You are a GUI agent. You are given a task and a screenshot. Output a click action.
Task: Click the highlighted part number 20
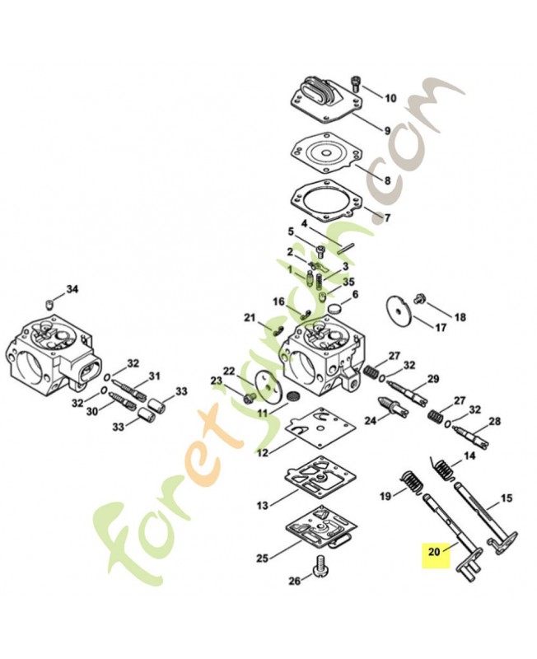435,551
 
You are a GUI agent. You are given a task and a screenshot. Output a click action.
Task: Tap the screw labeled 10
356,84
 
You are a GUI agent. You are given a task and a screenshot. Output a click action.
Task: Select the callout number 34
72,289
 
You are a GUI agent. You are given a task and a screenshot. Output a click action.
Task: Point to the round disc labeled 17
399,311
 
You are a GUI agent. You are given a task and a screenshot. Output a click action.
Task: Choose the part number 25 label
263,559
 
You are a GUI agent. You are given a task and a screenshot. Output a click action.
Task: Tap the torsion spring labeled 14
443,470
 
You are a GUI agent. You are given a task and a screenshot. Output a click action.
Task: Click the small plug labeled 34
49,303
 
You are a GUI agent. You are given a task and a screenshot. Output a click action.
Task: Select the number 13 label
262,505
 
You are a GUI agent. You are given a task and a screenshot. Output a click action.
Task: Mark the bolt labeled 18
418,298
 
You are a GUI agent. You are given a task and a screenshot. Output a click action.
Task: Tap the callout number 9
387,130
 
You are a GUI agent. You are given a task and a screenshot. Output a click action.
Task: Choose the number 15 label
507,498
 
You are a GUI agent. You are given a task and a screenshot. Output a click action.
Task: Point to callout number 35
348,282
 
